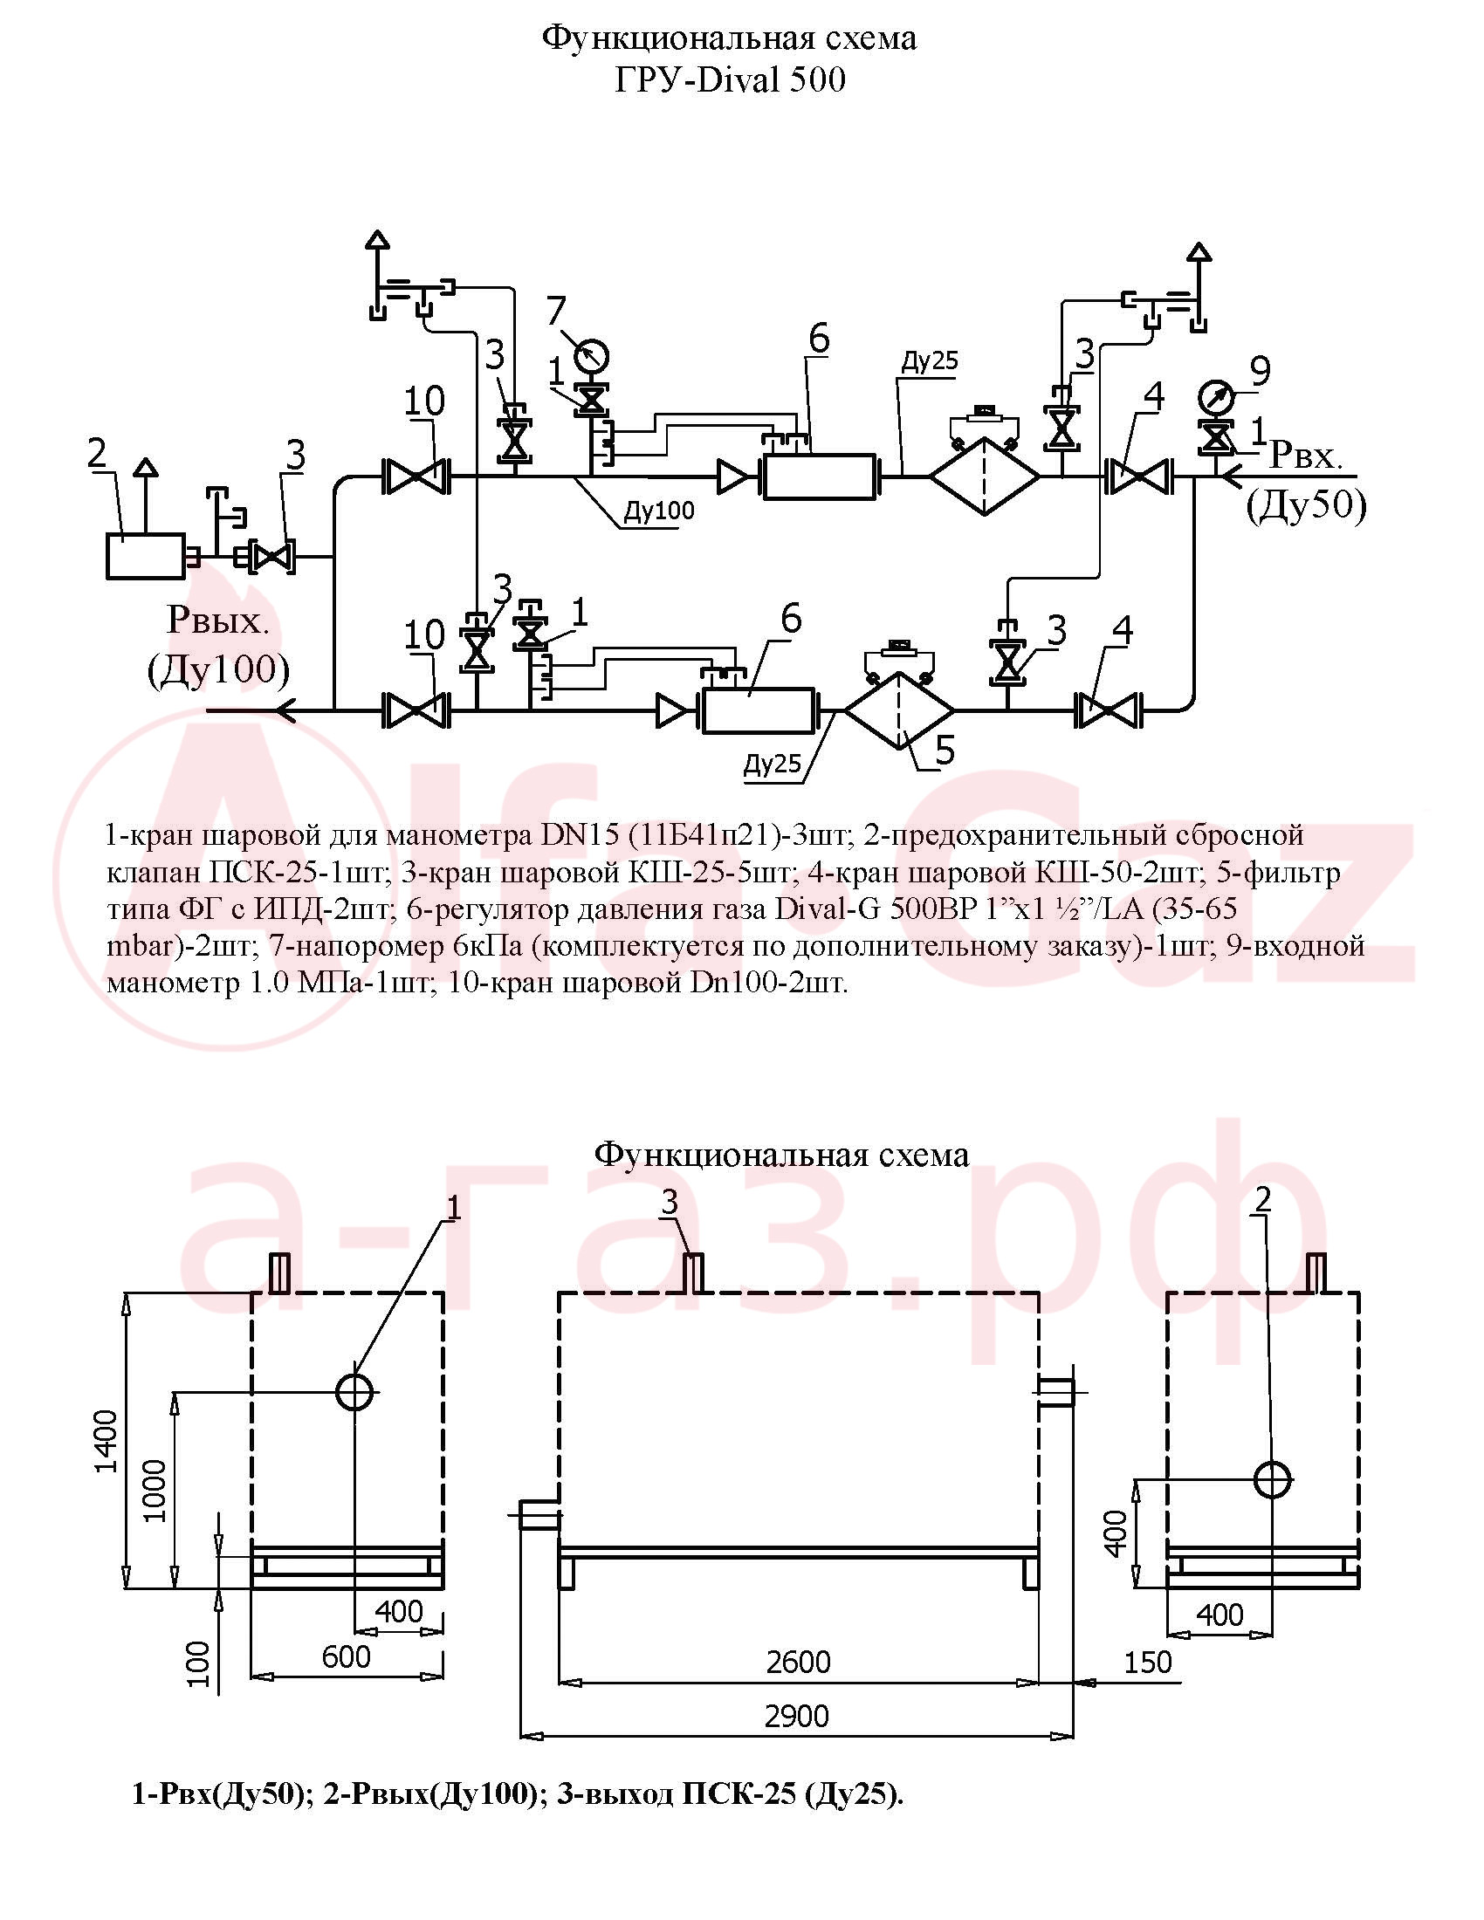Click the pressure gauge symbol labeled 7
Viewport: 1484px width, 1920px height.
click(x=591, y=356)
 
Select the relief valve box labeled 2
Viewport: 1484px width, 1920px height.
click(x=146, y=556)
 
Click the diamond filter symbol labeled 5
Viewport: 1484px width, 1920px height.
click(x=898, y=710)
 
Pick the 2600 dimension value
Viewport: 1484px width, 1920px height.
click(x=797, y=1662)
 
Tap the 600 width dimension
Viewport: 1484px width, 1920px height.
click(x=346, y=1656)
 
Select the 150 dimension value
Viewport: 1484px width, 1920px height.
click(x=1148, y=1662)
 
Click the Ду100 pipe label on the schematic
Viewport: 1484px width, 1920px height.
click(x=659, y=510)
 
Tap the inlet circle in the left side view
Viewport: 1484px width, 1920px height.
click(x=355, y=1392)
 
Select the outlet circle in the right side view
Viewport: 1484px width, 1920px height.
click(x=1272, y=1478)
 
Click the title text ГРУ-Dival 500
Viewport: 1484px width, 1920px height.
click(x=730, y=80)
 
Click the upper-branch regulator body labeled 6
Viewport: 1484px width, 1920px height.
click(x=820, y=477)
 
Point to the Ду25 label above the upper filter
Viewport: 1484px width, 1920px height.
click(x=930, y=360)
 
